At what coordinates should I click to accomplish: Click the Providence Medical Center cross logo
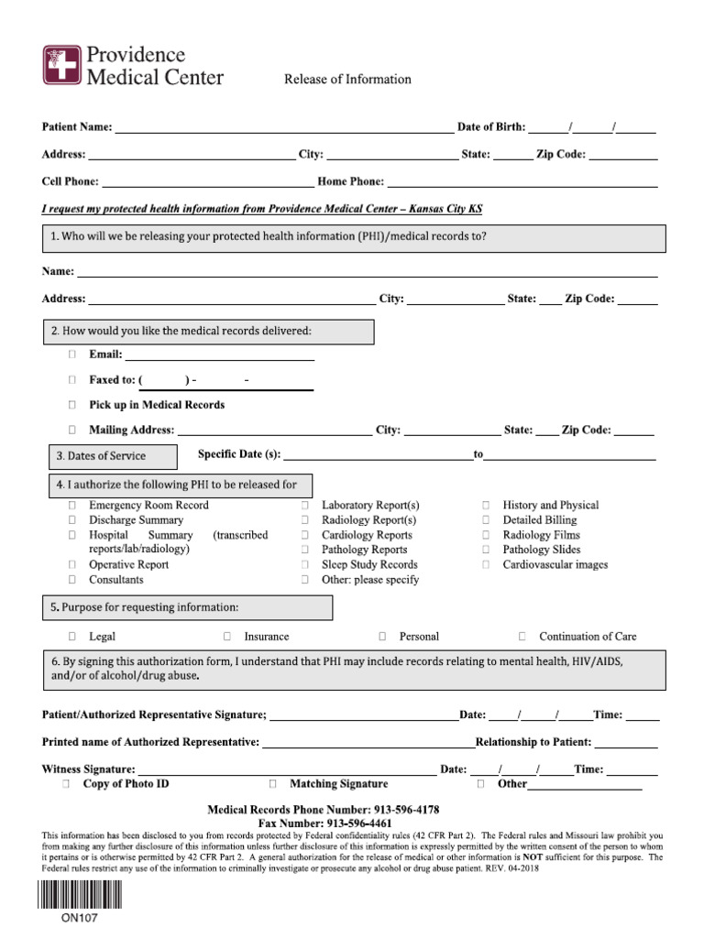click(x=61, y=66)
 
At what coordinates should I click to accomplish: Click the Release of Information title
click(x=347, y=80)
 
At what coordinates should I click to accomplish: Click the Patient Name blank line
click(x=283, y=128)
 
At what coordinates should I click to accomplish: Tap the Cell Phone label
click(x=71, y=182)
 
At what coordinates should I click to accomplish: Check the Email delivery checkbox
click(x=71, y=354)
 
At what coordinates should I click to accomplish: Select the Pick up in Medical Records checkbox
click(x=71, y=405)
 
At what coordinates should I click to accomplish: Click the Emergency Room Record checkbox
click(x=71, y=506)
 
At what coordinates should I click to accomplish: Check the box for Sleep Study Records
click(x=304, y=565)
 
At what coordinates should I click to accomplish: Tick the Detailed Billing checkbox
click(x=486, y=520)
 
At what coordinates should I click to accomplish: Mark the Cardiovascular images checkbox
click(x=486, y=565)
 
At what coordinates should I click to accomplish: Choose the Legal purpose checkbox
click(x=71, y=637)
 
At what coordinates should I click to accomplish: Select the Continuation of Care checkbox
click(x=522, y=637)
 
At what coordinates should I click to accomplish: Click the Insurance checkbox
click(x=226, y=637)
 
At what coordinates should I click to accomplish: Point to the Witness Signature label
click(x=89, y=769)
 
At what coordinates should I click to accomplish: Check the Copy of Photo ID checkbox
click(x=66, y=785)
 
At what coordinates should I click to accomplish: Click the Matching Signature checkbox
click(x=272, y=785)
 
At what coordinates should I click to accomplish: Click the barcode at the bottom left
click(x=79, y=894)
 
